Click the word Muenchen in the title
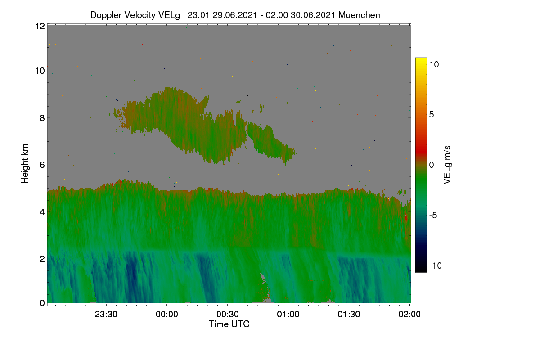point(359,15)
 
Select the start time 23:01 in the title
point(198,15)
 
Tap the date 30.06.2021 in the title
point(313,15)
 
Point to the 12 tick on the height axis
point(40,26)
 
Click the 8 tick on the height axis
point(42,118)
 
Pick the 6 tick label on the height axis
point(42,165)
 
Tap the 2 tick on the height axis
point(42,259)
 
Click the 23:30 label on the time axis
point(106,314)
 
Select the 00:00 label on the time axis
point(167,314)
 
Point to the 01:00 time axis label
point(288,314)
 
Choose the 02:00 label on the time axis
point(409,314)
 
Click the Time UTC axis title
point(229,324)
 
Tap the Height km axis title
point(25,164)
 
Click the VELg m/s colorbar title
point(447,165)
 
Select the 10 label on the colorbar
point(434,65)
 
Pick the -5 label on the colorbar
point(433,215)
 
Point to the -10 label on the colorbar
point(436,265)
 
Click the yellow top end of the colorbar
point(421,58)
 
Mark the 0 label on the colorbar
point(432,165)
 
